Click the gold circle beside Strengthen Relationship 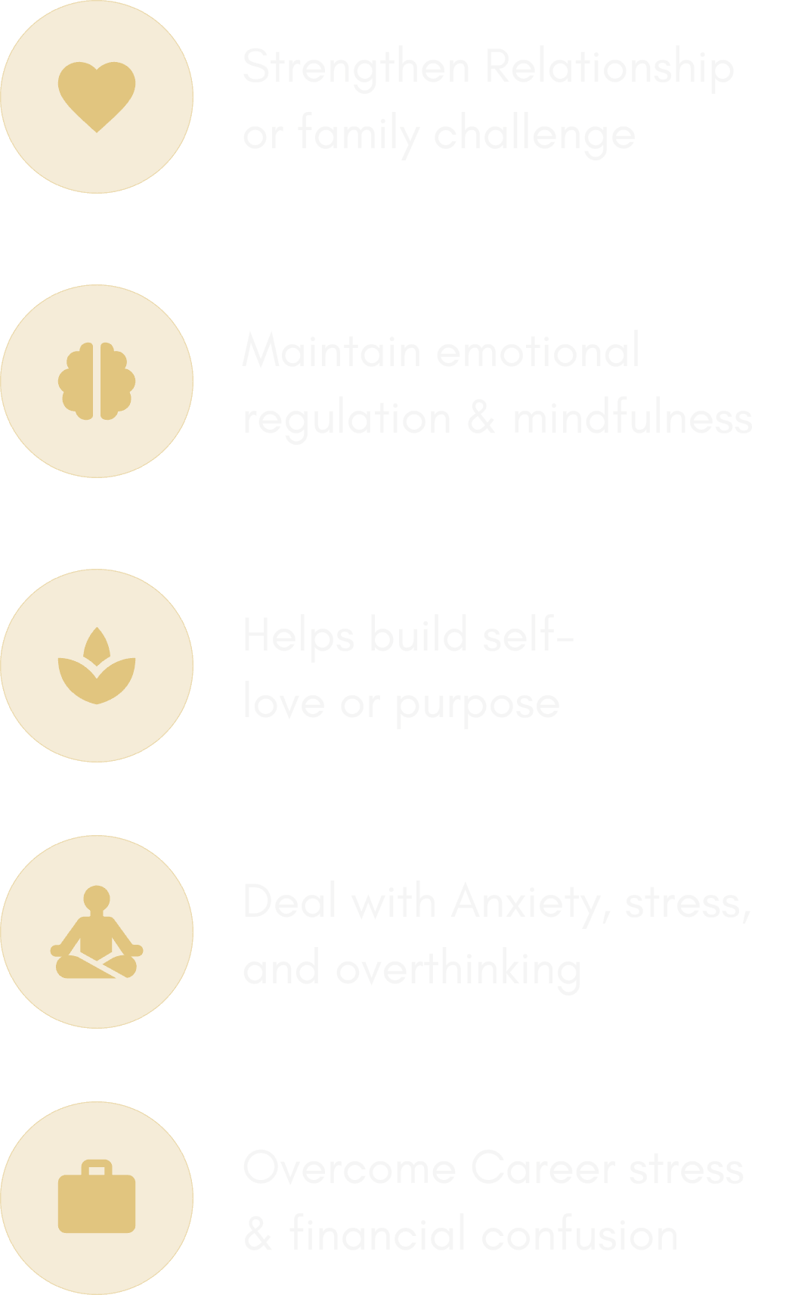click(x=96, y=97)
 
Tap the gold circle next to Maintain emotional click(x=96, y=381)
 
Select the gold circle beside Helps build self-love click(x=96, y=666)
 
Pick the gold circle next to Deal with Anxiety click(x=96, y=932)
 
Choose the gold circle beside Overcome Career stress click(x=96, y=1198)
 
